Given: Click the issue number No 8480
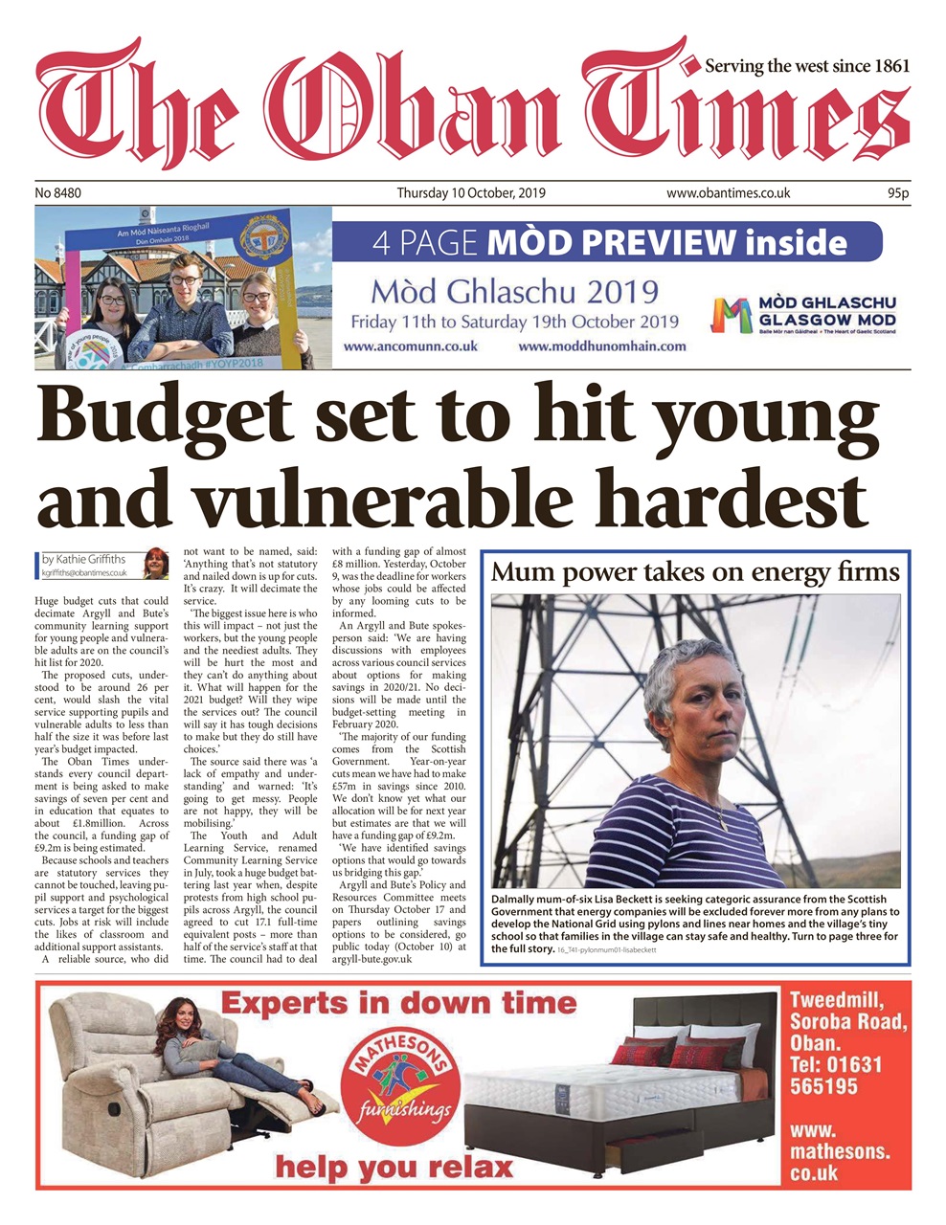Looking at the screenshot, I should (58, 193).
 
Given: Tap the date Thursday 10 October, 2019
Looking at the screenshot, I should (471, 193).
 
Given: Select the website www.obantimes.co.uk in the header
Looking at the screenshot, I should (728, 193).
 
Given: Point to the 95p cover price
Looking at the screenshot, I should (897, 193).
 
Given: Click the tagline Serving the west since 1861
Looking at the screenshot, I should (806, 66).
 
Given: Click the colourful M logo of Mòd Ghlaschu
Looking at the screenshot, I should (731, 315).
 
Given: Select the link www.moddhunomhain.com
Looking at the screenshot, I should (602, 346).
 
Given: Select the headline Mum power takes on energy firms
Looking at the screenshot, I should (695, 572).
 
